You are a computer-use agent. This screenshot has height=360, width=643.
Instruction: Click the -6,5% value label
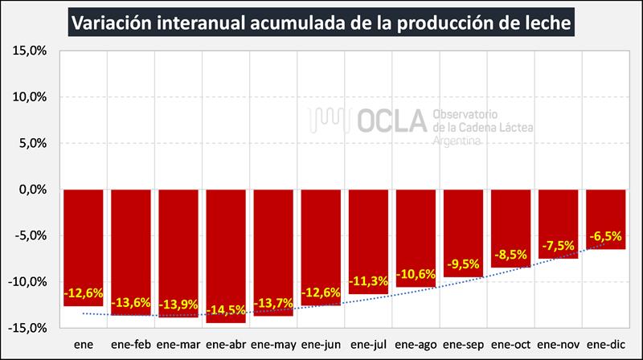coord(605,236)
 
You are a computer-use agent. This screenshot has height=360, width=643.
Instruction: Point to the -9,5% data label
coord(462,265)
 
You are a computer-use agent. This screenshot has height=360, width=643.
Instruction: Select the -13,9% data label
coord(178,306)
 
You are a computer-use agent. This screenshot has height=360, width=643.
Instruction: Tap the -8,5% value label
coord(510,256)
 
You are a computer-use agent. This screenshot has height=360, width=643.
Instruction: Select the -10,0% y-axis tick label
coord(30,282)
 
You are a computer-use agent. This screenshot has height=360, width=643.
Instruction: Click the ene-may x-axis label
coord(273,345)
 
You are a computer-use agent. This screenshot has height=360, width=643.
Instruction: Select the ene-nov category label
coord(558,345)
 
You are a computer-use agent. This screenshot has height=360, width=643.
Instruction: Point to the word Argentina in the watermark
coord(457,141)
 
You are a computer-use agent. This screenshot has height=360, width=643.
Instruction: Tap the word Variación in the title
coord(113,23)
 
